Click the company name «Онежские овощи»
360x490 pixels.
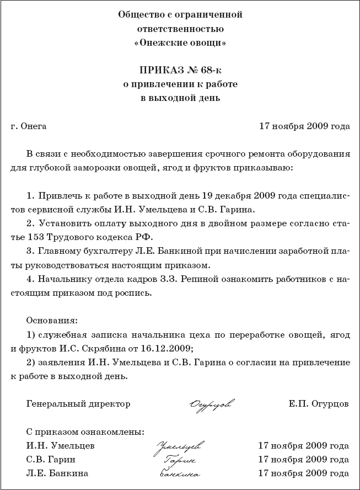[x=180, y=42]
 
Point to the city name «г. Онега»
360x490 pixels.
[x=29, y=126]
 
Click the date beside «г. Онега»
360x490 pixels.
[x=304, y=126]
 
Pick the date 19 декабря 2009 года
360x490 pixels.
[x=220, y=196]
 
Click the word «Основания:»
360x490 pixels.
[x=52, y=321]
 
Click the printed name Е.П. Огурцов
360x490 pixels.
[x=318, y=404]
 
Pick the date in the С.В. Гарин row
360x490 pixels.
[x=304, y=460]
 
